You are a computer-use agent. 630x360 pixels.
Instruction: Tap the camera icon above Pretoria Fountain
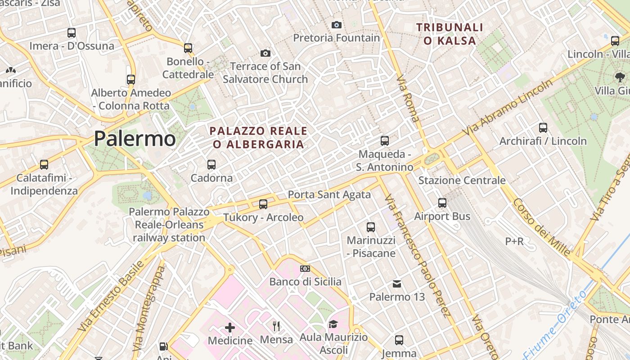pyautogui.click(x=337, y=25)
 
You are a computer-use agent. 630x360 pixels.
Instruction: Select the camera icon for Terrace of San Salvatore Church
pyautogui.click(x=265, y=54)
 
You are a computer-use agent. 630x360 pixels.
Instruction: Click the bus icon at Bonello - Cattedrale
pyautogui.click(x=188, y=48)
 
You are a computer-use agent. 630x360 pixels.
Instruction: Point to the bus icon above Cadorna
pyautogui.click(x=211, y=165)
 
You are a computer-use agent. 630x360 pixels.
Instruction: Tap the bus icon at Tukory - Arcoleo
pyautogui.click(x=263, y=204)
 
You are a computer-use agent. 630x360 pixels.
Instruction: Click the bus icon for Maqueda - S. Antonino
pyautogui.click(x=385, y=141)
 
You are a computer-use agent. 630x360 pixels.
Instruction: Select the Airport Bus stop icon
pyautogui.click(x=442, y=203)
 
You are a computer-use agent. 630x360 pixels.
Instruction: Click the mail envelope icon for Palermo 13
pyautogui.click(x=397, y=284)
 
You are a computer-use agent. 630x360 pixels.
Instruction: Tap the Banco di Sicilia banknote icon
pyautogui.click(x=305, y=269)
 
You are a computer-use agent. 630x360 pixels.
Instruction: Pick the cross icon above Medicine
pyautogui.click(x=230, y=327)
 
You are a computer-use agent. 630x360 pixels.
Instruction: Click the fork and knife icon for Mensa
pyautogui.click(x=276, y=326)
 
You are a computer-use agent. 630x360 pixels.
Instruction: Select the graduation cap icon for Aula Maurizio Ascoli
pyautogui.click(x=333, y=324)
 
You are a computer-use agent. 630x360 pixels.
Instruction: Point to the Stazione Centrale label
pyautogui.click(x=462, y=180)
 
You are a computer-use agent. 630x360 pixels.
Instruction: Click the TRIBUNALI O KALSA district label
pyautogui.click(x=450, y=34)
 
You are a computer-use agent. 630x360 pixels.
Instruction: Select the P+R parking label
pyautogui.click(x=514, y=242)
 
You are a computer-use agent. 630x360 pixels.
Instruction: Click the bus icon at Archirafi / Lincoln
pyautogui.click(x=543, y=128)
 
